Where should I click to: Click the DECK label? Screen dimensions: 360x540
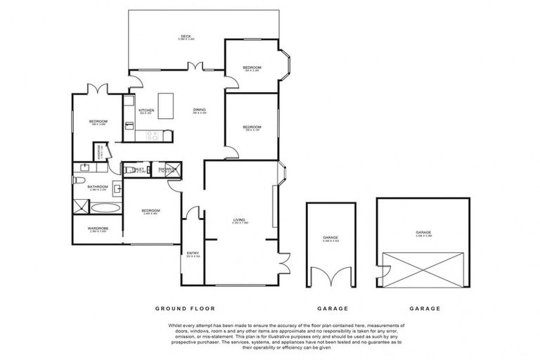(x=186, y=37)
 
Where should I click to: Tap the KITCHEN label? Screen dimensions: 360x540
(x=146, y=110)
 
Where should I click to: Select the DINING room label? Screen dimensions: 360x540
(x=200, y=110)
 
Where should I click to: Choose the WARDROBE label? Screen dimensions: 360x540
(x=97, y=229)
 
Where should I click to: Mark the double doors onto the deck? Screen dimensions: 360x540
(x=193, y=67)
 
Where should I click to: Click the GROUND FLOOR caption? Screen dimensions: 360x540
(x=186, y=308)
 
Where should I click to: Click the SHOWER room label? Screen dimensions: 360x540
(x=166, y=169)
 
